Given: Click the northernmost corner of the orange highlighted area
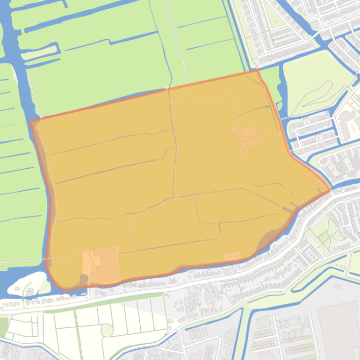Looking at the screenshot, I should coord(257,71).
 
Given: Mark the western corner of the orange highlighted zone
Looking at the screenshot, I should coord(31,122).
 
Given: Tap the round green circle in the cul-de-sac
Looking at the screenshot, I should coord(107,330).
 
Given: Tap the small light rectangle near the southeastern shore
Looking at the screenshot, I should coord(232,256).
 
